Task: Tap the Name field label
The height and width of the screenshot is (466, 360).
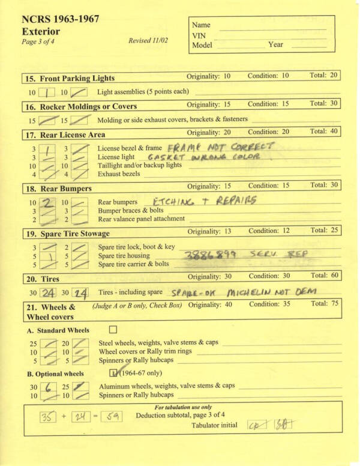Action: point(202,25)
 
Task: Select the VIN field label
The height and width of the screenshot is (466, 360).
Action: point(199,35)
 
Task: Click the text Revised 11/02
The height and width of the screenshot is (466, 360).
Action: point(149,41)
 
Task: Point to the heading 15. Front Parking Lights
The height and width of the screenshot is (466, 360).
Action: point(70,78)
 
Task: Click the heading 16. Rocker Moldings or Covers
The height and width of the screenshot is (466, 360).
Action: point(81,107)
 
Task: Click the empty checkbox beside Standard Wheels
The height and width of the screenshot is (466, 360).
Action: point(113,330)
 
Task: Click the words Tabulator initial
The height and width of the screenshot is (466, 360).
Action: point(218,425)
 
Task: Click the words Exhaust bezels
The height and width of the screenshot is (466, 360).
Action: point(119,174)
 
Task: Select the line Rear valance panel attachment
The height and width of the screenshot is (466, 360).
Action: point(142,219)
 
